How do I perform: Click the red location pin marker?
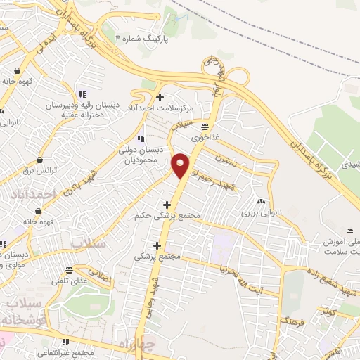181,165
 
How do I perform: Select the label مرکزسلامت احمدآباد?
160,108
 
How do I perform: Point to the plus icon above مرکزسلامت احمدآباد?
160,97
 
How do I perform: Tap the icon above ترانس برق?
39,160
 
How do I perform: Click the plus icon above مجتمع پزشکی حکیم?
166,205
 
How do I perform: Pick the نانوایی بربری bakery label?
261,212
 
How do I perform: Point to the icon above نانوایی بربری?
261,201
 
